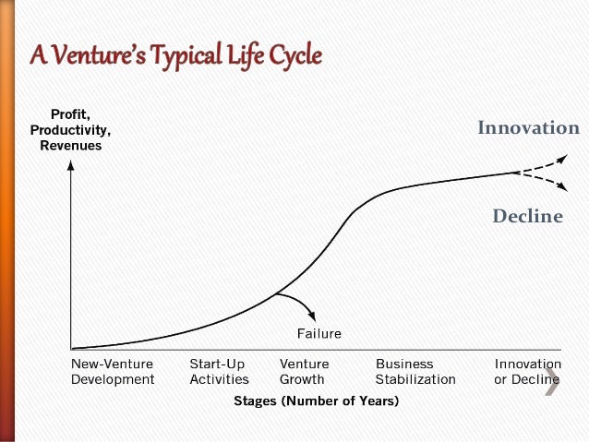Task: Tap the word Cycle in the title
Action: coord(293,56)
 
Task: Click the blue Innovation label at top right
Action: coord(528,128)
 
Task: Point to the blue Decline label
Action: coord(527,217)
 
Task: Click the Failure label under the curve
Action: coord(319,333)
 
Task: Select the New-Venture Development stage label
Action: coord(113,372)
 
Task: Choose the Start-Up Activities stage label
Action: coord(219,372)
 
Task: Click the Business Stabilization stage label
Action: coord(415,372)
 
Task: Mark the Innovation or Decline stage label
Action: coord(527,372)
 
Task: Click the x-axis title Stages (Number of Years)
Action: coord(316,401)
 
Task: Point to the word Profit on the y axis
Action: coord(70,114)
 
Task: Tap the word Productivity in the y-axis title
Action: coord(70,130)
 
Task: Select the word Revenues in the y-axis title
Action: coord(70,146)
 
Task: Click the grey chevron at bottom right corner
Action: coord(551,380)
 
